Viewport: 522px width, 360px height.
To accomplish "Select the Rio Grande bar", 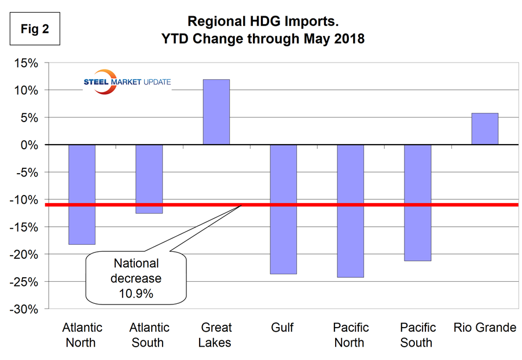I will tap(484, 128).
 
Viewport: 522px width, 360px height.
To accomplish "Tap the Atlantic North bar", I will tap(82, 194).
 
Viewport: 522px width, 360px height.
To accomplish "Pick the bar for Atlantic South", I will tap(149, 179).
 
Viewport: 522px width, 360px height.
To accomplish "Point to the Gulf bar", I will tap(283, 209).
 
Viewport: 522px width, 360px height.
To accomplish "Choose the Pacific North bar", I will tap(350, 211).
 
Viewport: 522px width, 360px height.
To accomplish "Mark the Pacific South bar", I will tap(417, 203).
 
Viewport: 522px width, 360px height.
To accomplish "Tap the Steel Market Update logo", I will tap(127, 82).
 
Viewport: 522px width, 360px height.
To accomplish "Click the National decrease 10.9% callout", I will tap(137, 278).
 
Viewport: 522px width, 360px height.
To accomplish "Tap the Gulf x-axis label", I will tap(282, 328).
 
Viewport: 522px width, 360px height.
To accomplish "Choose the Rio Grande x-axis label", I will tap(484, 328).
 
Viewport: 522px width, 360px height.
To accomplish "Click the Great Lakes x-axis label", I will tap(215, 335).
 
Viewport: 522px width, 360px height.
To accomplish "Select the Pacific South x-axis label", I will tap(417, 335).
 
